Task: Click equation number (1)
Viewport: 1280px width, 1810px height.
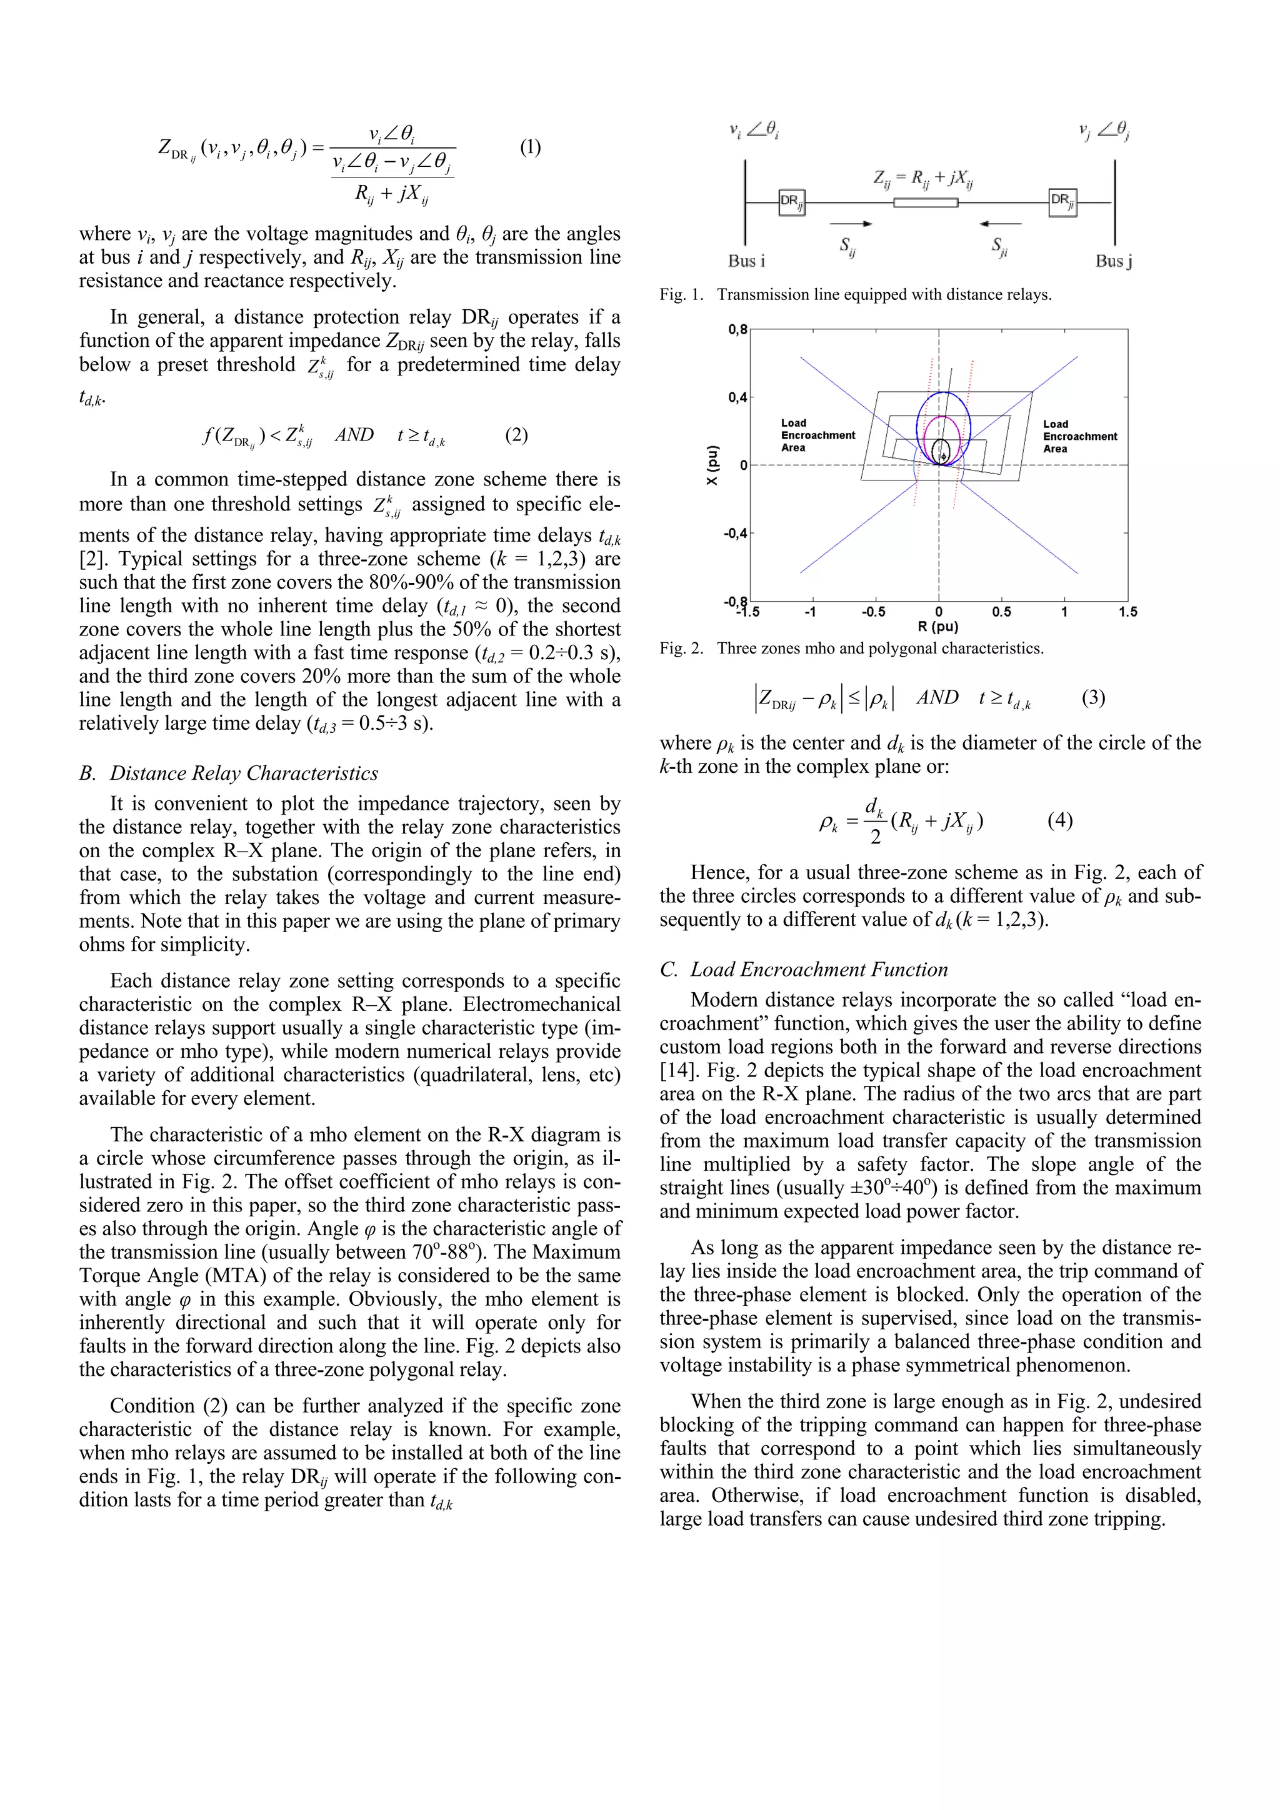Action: (x=530, y=147)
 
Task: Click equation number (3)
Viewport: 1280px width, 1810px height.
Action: (x=1093, y=698)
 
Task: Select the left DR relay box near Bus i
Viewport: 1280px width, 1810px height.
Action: (x=791, y=202)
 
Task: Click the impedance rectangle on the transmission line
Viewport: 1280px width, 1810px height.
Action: (x=925, y=202)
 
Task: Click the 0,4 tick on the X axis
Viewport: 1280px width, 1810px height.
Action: (x=737, y=397)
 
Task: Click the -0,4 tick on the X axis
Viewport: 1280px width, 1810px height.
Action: (x=735, y=534)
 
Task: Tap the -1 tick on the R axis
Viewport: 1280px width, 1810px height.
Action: (x=810, y=612)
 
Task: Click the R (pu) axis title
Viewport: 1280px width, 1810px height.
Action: (x=937, y=627)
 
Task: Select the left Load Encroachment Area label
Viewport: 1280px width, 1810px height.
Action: (x=817, y=435)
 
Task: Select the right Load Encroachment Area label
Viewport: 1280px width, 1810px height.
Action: (x=1079, y=436)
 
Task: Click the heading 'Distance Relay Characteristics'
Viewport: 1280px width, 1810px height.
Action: (x=244, y=773)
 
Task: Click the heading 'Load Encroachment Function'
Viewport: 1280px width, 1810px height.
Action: (x=819, y=970)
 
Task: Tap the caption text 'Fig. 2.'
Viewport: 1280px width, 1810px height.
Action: (x=681, y=649)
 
